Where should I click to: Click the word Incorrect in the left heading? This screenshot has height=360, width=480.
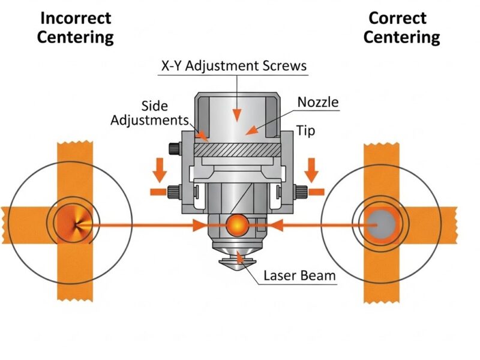(x=75, y=18)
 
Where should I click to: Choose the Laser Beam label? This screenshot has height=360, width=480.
(x=299, y=277)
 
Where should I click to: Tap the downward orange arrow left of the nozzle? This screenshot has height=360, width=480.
(x=160, y=170)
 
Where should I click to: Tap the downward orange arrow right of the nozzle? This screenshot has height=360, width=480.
(x=311, y=170)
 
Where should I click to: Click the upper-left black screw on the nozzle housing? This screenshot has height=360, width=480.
(x=174, y=148)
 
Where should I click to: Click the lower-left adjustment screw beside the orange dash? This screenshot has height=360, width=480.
(x=175, y=191)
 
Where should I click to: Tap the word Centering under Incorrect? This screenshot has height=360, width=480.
(x=75, y=37)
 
